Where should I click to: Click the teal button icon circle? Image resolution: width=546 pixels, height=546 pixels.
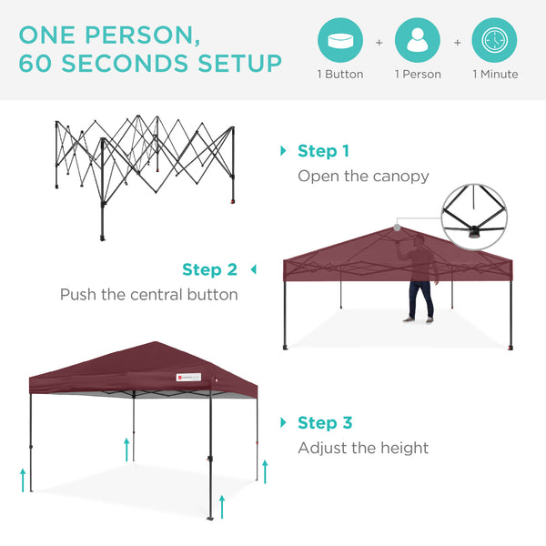pos(339,41)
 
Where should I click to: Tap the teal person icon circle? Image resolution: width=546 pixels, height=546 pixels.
pos(417,41)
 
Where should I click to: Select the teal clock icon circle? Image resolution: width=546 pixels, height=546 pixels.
pos(494,41)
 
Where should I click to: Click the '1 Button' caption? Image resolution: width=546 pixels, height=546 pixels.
pos(339,75)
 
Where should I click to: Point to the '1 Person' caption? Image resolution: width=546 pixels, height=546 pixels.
pos(417,75)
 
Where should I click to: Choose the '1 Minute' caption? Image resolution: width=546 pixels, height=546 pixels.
pos(494,75)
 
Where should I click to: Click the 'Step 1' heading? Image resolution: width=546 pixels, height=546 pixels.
pos(323,151)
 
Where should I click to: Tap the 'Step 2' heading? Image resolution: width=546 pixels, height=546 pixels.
pos(209,269)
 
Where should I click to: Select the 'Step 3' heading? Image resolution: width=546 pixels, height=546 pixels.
pos(325,423)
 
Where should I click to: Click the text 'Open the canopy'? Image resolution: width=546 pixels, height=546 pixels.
pos(363,176)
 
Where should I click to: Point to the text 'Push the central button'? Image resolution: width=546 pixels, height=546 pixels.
pos(148,295)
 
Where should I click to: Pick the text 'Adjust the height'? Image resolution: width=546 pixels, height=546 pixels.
pos(363,448)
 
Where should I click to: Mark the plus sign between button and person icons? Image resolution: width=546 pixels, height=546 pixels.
pos(379,42)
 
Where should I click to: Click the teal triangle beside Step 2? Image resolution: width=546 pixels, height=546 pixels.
pos(254,269)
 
